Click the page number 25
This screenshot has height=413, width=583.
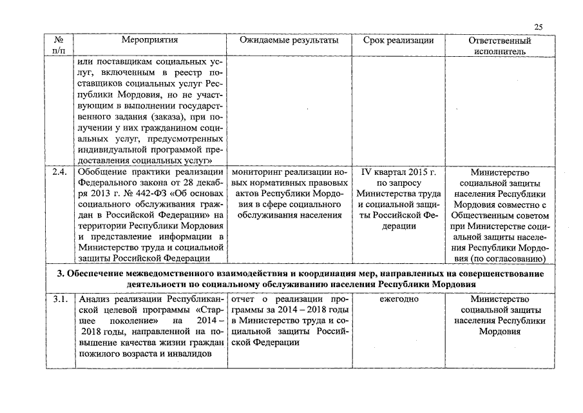(x=539, y=26)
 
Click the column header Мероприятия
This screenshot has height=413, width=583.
(x=149, y=40)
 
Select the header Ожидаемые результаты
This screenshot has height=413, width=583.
(x=289, y=40)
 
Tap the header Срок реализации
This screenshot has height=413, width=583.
(x=398, y=40)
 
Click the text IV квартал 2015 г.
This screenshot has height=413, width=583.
(x=398, y=172)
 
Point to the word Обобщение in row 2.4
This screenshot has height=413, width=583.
(x=102, y=172)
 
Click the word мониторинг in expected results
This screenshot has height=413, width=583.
(x=255, y=172)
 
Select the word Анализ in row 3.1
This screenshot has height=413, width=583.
(x=94, y=299)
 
